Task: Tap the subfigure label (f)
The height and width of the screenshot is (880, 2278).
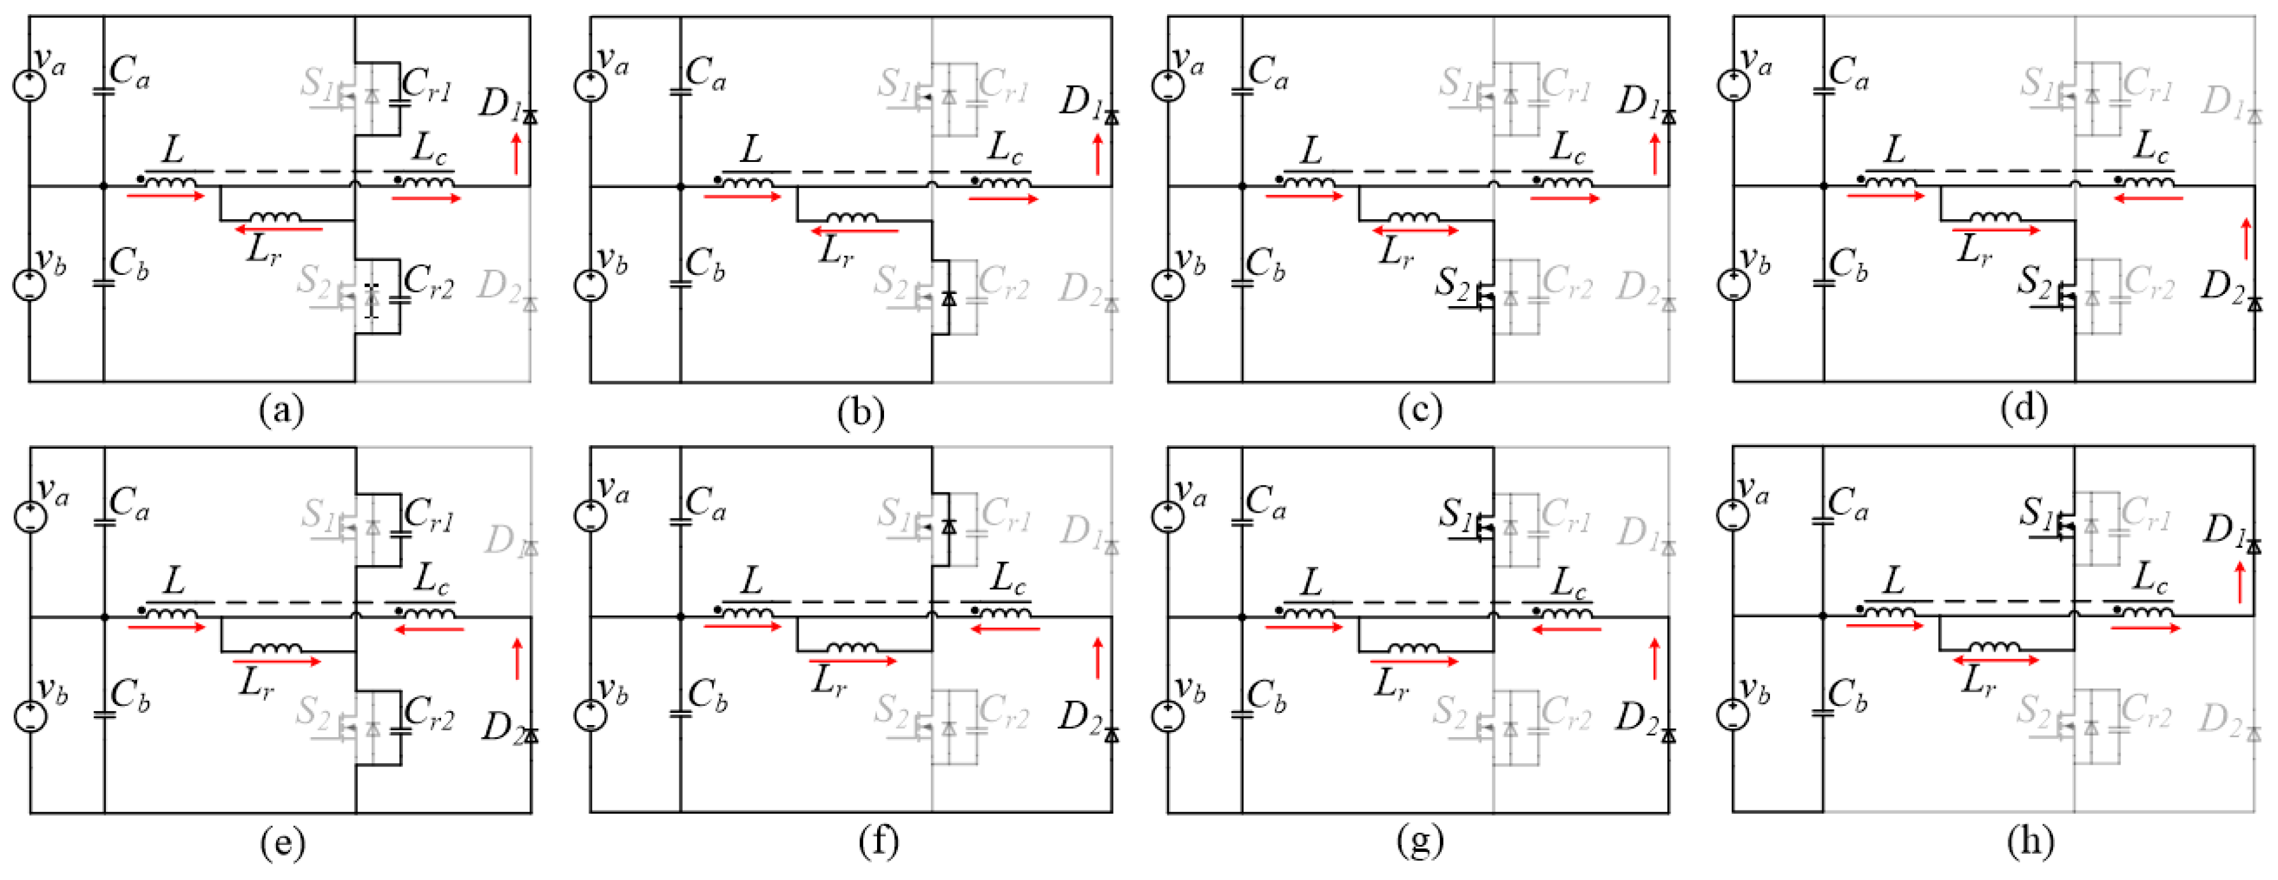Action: click(x=879, y=840)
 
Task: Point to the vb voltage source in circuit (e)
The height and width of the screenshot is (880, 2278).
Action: click(x=29, y=715)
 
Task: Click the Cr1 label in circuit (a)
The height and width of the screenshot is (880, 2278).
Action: click(x=426, y=86)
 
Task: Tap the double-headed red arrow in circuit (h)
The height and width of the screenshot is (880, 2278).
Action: click(x=1995, y=660)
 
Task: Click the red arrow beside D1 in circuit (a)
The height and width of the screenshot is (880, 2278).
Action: click(x=516, y=153)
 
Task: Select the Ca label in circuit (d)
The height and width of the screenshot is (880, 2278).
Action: click(x=1847, y=71)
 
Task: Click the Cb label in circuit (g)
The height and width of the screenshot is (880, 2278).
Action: click(x=1265, y=696)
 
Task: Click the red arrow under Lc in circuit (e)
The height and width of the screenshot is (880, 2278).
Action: click(x=429, y=629)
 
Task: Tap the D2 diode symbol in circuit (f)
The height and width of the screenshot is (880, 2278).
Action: click(x=1112, y=734)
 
